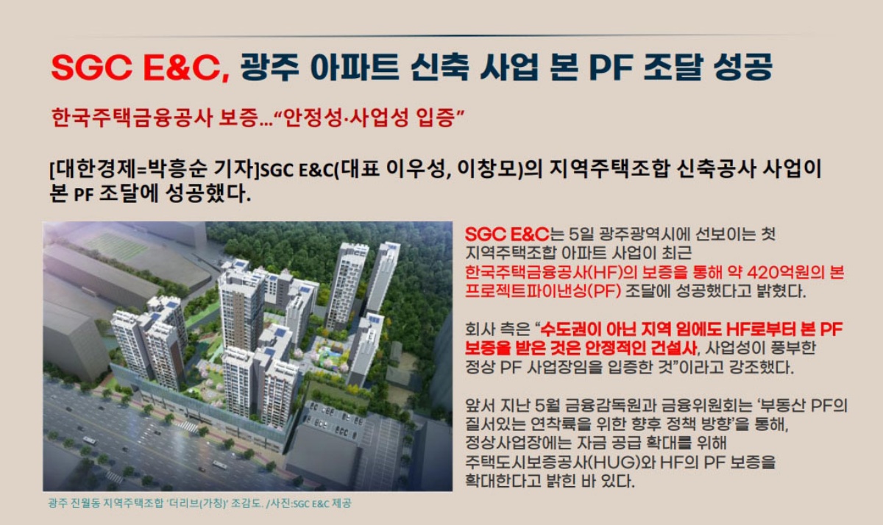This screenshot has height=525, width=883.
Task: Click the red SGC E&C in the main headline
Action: [140, 67]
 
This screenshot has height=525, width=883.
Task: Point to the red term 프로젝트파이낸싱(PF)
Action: [543, 291]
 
